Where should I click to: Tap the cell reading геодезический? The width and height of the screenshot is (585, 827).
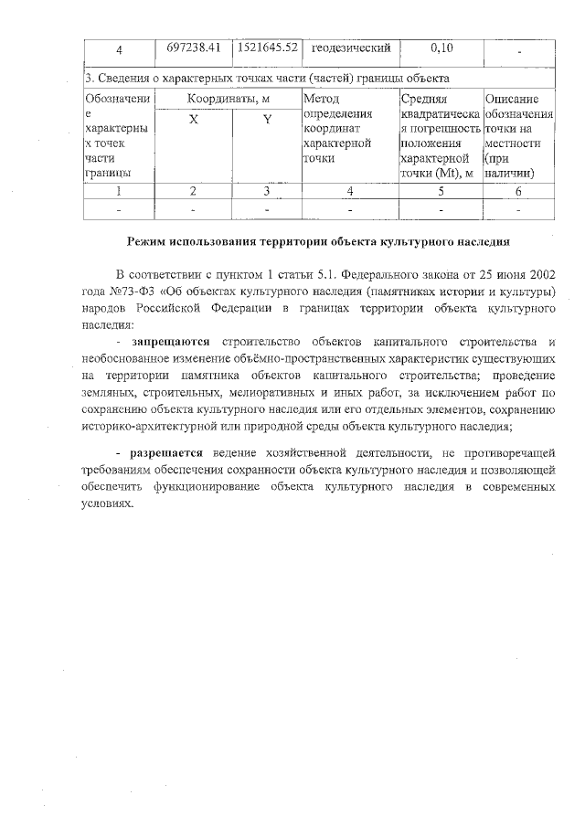tap(351, 48)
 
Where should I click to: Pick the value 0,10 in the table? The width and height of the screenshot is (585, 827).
tap(442, 48)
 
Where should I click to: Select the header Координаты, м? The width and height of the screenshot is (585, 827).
tap(229, 99)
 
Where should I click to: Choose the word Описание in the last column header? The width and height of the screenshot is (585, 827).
tap(512, 99)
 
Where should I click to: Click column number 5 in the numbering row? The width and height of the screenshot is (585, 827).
tap(441, 191)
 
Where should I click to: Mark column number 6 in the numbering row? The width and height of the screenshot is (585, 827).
tap(518, 191)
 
